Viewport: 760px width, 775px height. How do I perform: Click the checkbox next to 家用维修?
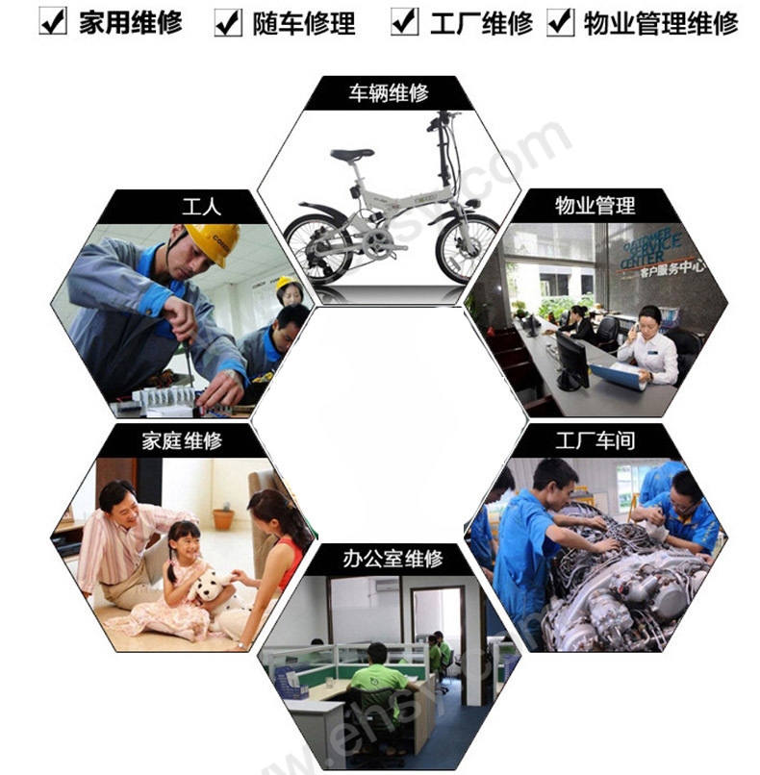[53, 21]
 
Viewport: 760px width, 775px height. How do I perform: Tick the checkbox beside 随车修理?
[228, 21]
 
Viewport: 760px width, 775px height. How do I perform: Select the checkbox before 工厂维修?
[405, 21]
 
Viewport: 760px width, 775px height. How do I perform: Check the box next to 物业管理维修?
[560, 21]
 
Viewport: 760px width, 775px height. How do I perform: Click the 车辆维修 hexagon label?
[389, 93]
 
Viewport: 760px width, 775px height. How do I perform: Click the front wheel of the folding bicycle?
[466, 247]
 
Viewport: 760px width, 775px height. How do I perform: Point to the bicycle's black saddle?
[352, 154]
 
